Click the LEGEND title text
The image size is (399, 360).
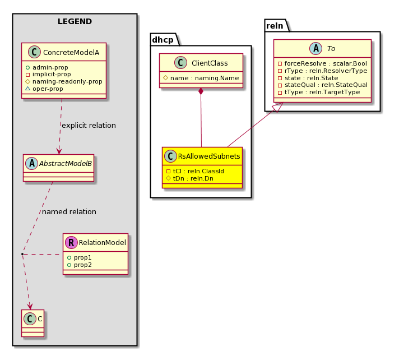75,21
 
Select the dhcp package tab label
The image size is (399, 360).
163,40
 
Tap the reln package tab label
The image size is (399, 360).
275,26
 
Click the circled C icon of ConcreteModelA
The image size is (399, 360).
34,52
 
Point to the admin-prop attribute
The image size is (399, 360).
50,67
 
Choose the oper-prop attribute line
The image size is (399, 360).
48,89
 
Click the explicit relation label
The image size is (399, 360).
89,125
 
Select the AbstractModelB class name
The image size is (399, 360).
66,163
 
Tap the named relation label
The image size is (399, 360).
69,211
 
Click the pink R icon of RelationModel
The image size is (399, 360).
71,242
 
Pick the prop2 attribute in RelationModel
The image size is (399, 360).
82,265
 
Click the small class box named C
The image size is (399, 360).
33,323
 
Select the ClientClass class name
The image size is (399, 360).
210,63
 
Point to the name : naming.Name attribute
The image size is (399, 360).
205,78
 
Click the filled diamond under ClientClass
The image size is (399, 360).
201,91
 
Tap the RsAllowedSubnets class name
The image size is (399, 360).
209,156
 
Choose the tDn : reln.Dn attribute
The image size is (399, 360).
193,178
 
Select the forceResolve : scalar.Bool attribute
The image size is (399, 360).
326,63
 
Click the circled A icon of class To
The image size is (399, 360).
316,48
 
